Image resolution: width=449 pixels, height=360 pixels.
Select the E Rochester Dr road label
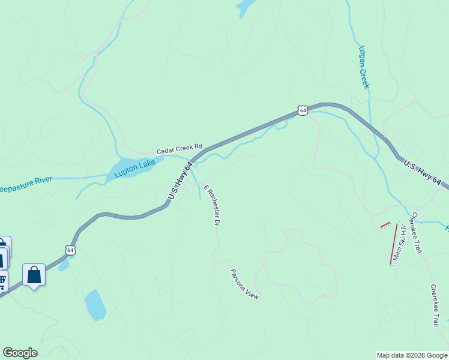click(x=210, y=205)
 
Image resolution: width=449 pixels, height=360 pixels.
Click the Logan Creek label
click(x=364, y=67)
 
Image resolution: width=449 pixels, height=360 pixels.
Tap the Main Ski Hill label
click(x=399, y=242)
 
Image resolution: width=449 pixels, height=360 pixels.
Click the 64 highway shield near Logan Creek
click(x=303, y=110)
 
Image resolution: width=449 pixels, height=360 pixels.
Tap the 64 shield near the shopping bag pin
click(x=71, y=250)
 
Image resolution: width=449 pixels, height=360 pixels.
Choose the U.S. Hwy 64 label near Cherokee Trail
click(x=423, y=172)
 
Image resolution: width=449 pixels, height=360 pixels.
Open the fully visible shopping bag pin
click(x=34, y=275)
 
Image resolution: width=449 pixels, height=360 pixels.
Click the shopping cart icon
click(x=2, y=280)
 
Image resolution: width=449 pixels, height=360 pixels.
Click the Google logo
click(x=20, y=353)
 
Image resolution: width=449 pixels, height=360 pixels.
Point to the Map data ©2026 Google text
click(x=412, y=355)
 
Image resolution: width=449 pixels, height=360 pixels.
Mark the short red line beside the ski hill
click(x=385, y=225)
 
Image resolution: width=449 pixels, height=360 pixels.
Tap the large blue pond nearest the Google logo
click(x=95, y=304)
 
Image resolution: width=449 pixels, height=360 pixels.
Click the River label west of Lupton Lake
click(x=26, y=179)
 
